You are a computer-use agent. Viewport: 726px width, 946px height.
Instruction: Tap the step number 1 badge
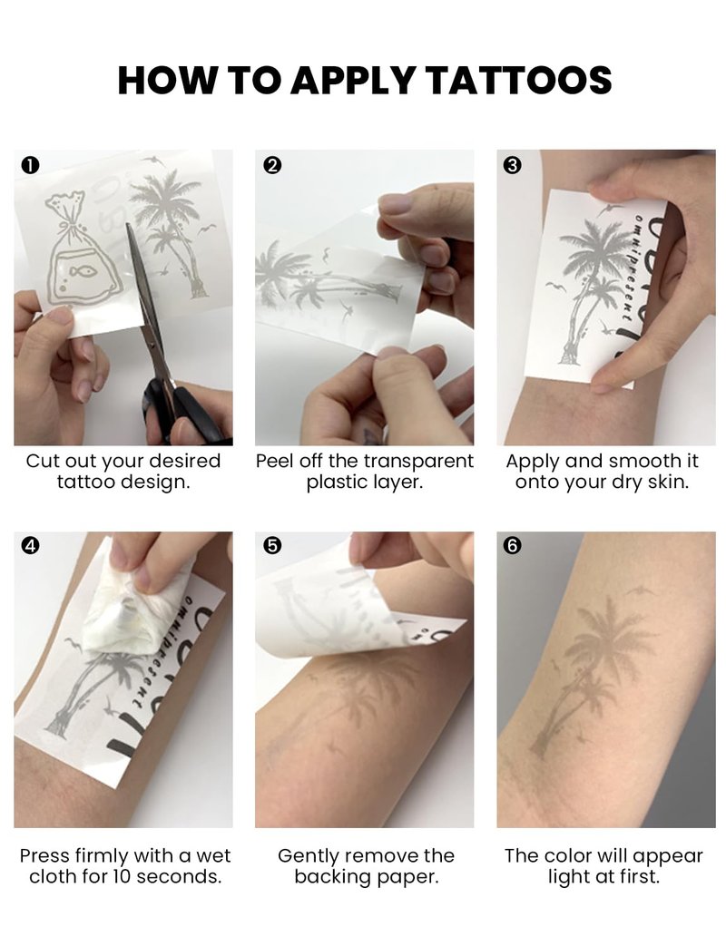30,165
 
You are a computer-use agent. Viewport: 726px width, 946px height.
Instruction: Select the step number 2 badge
273,165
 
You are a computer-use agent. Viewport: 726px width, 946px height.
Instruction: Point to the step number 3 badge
513,165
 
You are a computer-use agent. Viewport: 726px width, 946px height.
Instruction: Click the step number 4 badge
30,546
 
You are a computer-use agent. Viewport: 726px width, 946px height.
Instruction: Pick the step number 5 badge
273,546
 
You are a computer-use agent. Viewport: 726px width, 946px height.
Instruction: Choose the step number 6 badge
513,546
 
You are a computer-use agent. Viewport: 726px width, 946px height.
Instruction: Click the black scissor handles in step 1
181,414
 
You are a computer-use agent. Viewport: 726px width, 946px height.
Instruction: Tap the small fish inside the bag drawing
83,272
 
